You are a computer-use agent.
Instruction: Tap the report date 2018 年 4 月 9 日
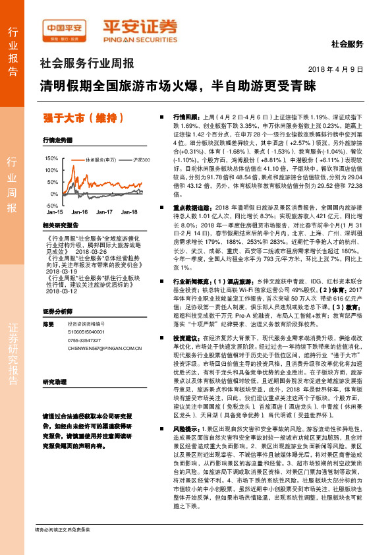336,70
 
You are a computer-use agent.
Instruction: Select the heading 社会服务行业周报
87,65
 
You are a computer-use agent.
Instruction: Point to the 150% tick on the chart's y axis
51,159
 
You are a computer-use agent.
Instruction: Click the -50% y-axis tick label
53,205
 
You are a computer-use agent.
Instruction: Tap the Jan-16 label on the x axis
80,212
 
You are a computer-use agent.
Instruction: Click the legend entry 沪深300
137,160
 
